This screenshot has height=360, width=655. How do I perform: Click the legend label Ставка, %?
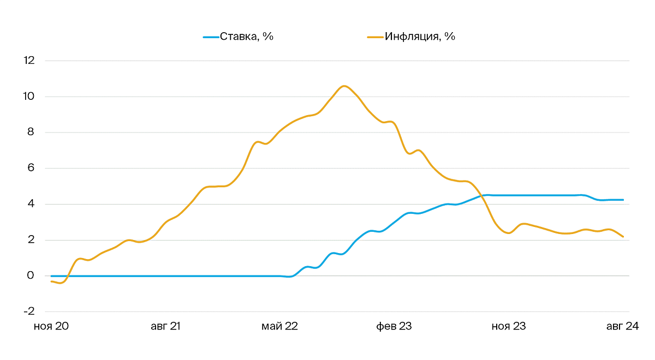click(x=246, y=37)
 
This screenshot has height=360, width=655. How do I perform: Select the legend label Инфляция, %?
click(x=420, y=37)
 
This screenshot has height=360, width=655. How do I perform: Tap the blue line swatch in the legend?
click(x=211, y=37)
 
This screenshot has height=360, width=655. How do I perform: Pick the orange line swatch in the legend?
click(x=376, y=37)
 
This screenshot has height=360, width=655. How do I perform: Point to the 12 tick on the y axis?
click(x=28, y=61)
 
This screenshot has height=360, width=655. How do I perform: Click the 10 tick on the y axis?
click(x=28, y=97)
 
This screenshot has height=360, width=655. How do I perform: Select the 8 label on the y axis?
click(x=31, y=133)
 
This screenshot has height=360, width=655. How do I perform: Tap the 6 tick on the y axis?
click(x=31, y=168)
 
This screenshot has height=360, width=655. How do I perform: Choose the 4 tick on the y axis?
click(x=31, y=204)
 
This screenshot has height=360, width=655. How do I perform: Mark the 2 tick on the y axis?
click(x=31, y=240)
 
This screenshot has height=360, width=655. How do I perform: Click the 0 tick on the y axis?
click(x=31, y=276)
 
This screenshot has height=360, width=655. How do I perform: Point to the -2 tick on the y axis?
click(x=28, y=311)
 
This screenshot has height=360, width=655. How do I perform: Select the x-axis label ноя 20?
click(x=51, y=327)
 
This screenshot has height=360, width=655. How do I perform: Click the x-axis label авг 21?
click(x=165, y=327)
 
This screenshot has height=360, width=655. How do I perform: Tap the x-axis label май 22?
click(x=279, y=327)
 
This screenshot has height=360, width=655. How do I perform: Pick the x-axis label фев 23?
click(x=394, y=327)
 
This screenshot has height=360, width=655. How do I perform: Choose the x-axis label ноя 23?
click(x=509, y=327)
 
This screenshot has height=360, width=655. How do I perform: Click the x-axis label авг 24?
click(x=622, y=327)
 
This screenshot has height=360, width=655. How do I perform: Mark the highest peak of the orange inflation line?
click(x=344, y=86)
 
